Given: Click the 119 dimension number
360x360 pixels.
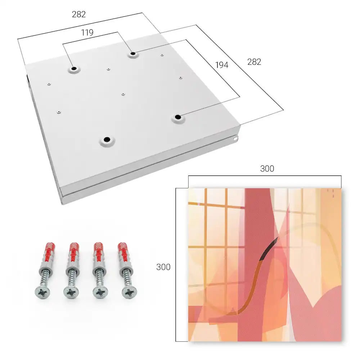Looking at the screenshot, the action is tap(87, 33).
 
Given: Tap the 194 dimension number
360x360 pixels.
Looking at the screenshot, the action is tap(222, 65).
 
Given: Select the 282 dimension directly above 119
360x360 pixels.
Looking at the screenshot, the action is tap(79, 14).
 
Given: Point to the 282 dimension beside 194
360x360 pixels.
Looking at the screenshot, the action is tap(254, 62).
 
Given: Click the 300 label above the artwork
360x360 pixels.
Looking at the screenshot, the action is tap(267, 169).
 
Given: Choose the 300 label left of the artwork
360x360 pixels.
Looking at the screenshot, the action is tap(163, 267).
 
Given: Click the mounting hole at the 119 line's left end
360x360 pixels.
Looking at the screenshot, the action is tap(74, 69).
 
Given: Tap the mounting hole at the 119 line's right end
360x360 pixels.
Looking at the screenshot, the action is tap(133, 54).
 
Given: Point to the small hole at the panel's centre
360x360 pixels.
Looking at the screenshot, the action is tap(123, 94).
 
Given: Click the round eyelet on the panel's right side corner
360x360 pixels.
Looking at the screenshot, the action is tap(235, 139).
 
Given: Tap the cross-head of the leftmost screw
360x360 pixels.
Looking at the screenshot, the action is tap(42, 292).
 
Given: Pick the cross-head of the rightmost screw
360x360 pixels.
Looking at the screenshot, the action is tap(129, 292).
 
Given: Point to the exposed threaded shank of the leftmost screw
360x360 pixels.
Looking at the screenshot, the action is tap(45, 279).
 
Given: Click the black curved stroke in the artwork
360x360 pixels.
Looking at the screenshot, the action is tap(269, 249).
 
